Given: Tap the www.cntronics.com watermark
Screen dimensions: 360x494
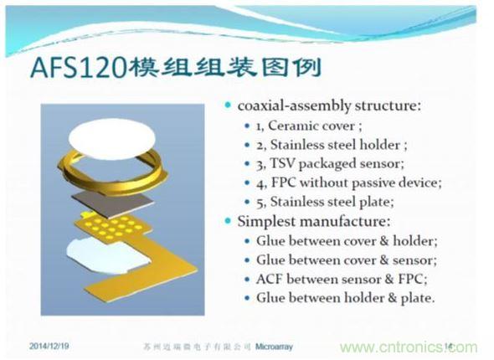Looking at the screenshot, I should click(405, 347).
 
